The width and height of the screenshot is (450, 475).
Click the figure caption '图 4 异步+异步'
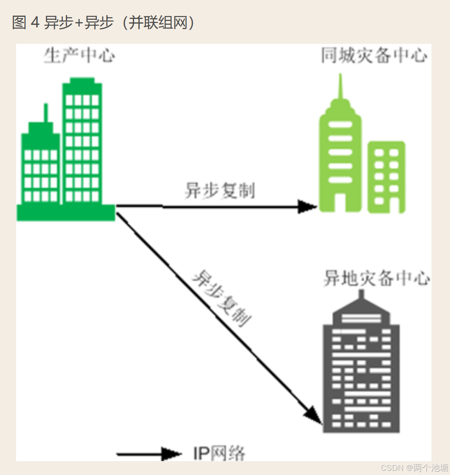point(63,22)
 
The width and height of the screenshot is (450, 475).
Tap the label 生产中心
point(80,56)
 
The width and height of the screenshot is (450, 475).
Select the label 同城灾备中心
point(374,56)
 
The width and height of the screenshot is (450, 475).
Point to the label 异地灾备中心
point(376,279)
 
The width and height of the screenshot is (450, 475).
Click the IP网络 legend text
point(219,454)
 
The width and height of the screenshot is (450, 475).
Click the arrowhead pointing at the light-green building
point(307,207)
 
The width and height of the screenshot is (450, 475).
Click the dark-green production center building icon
point(65,148)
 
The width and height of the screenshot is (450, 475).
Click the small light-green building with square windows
point(386,177)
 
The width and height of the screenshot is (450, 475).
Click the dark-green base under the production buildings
point(66,213)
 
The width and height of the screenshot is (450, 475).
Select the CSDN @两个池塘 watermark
point(414,467)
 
